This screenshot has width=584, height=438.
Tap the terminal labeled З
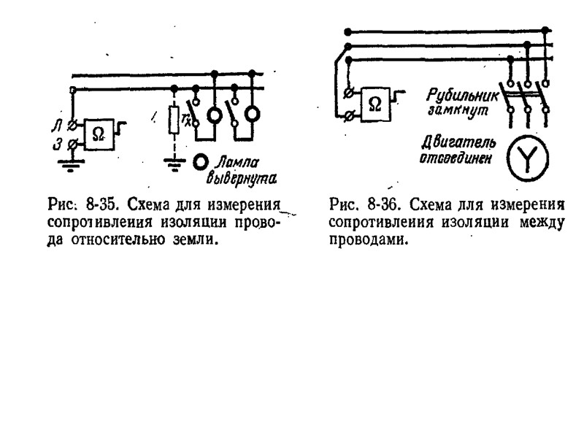(72, 145)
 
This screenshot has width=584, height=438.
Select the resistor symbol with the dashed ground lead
(174, 120)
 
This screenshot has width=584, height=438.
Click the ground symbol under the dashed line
(174, 166)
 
